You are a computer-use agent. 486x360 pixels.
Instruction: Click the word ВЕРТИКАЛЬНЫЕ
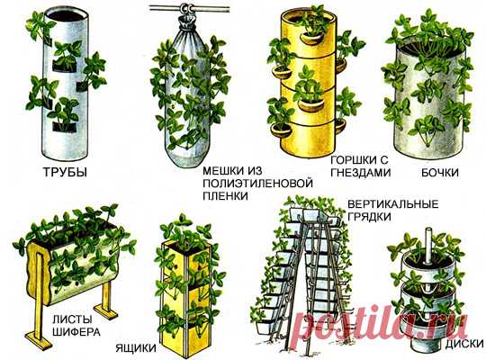tap(384, 203)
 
